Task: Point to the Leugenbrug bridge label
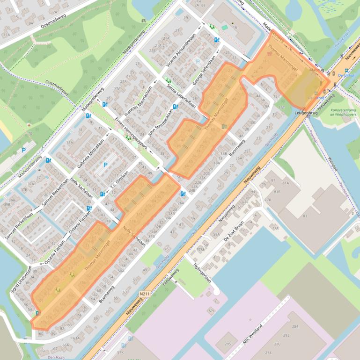[x=307, y=113]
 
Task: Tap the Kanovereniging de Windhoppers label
[x=343, y=112]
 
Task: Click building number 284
[x=295, y=326]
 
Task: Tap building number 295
[x=228, y=344]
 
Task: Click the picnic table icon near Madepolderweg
[x=144, y=21]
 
